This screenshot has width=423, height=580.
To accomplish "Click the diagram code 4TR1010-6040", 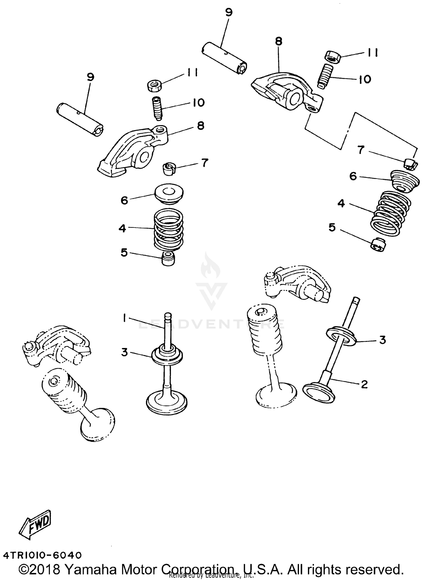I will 42,555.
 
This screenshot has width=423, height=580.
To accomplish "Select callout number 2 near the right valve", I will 364,384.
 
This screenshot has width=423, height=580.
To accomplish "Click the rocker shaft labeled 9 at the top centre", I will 224,58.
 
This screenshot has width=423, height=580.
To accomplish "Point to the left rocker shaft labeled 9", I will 80,120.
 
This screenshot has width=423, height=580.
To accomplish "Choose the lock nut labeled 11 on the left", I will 154,85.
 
